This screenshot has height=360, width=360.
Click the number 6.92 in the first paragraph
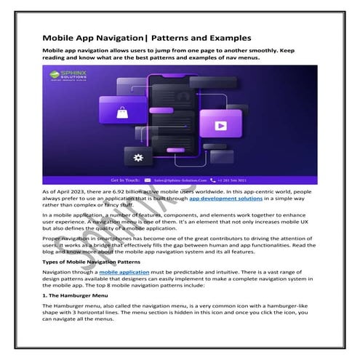pos(116,191)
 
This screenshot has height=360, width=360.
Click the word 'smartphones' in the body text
pos(116,237)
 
